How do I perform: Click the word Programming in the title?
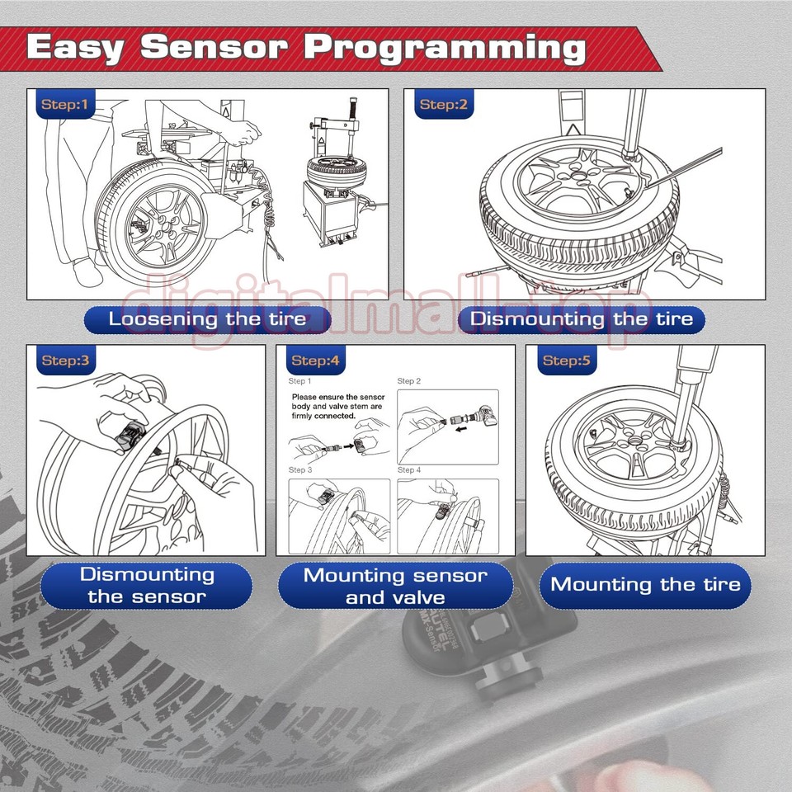(445, 48)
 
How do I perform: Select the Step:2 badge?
(443, 104)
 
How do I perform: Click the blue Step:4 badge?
(315, 361)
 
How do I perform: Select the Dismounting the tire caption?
(582, 319)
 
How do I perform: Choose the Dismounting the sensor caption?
(147, 585)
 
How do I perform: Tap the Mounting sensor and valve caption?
(395, 586)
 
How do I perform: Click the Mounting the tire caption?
(645, 585)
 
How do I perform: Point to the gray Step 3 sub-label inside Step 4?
(299, 469)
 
